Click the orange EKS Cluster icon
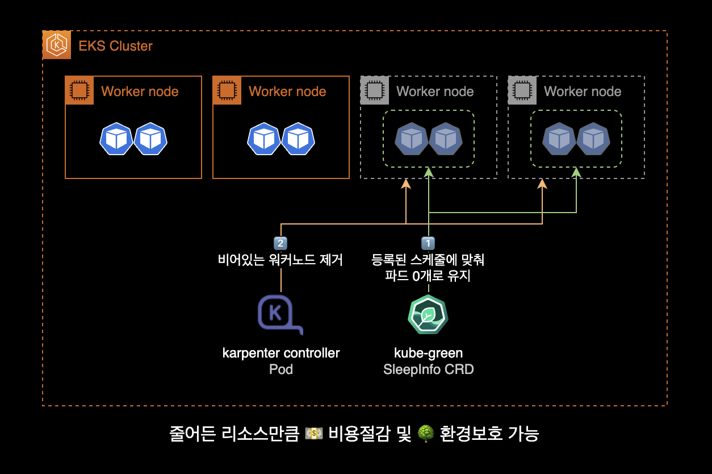[x=57, y=45]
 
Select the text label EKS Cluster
[x=115, y=46]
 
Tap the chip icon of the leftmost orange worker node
[x=79, y=90]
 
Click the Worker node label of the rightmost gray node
[x=582, y=92]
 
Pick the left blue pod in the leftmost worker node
[x=116, y=139]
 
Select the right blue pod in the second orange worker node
[x=298, y=139]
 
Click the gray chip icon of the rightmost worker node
[x=522, y=90]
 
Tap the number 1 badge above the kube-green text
[x=428, y=243]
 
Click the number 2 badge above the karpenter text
[x=280, y=243]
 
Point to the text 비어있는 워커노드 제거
[x=280, y=260]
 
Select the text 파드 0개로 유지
[x=428, y=277]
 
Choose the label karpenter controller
[x=280, y=353]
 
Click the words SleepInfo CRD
[x=428, y=369]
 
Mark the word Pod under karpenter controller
[x=280, y=369]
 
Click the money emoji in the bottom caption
[x=314, y=434]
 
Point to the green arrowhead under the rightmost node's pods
[x=576, y=172]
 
